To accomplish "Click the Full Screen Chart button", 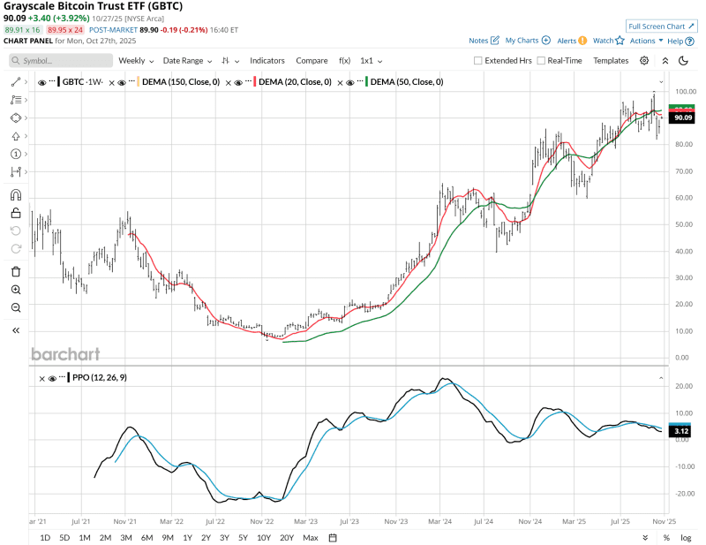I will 661,26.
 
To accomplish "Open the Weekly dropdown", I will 136,61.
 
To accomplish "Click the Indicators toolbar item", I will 267,61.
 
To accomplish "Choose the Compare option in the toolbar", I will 312,61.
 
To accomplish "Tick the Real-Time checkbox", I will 541,61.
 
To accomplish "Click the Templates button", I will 611,61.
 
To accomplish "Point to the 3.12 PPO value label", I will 681,431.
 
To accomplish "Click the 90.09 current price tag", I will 681,117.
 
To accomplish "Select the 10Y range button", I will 264,537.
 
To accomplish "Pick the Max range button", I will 310,537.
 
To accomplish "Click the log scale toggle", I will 686,537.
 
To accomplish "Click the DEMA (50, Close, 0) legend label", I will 406,82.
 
